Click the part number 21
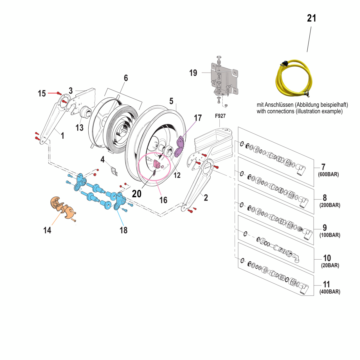[311, 18]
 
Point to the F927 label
[220, 116]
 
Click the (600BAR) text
[328, 174]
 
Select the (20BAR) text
[330, 265]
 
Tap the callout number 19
[193, 73]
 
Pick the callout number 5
[171, 101]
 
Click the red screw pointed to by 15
[59, 93]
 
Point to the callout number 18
[123, 230]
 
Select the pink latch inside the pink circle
[156, 164]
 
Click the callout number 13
[79, 128]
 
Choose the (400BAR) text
[330, 292]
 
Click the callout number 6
[126, 78]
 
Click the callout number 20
[137, 194]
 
